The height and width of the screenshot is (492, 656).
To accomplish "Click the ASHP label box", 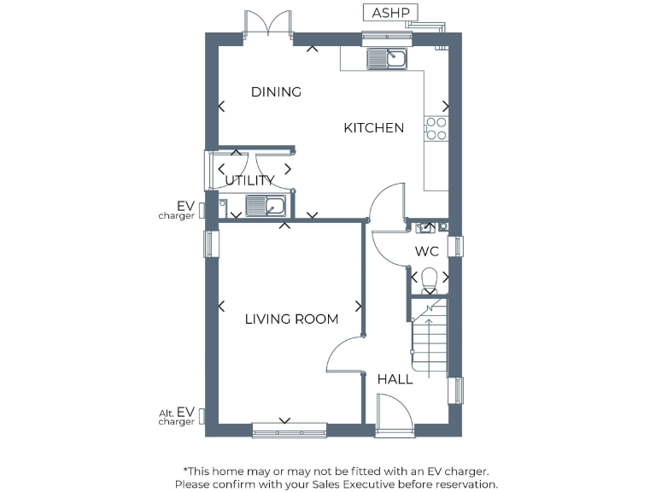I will click(390, 13).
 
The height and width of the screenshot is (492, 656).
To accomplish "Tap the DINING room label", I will click(276, 92).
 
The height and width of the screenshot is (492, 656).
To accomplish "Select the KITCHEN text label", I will click(373, 128).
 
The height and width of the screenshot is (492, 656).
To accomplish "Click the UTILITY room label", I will click(249, 180).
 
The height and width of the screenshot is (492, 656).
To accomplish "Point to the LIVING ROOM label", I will click(291, 319).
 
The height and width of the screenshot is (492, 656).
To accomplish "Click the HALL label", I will click(395, 378).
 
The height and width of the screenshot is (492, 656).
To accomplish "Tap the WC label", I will click(426, 252).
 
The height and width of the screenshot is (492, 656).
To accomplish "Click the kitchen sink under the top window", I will click(388, 59).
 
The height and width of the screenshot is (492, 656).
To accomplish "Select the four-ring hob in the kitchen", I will click(436, 128).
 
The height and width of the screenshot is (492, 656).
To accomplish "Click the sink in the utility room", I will click(266, 206).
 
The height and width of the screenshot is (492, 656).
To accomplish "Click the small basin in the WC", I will click(426, 227).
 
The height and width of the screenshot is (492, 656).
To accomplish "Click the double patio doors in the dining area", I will click(269, 24).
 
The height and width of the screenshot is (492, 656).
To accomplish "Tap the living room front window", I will click(289, 430).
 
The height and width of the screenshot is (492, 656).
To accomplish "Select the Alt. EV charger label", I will click(177, 416).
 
